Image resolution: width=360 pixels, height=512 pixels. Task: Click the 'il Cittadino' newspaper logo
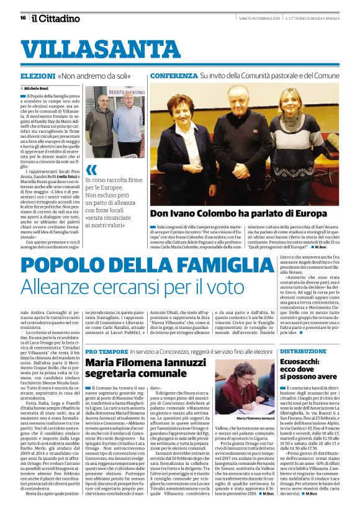(56, 18)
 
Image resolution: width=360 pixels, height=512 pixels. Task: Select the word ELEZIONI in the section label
(37, 75)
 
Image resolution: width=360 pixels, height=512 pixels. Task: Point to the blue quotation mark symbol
(91, 168)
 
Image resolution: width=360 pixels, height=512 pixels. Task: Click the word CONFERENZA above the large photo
(173, 75)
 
